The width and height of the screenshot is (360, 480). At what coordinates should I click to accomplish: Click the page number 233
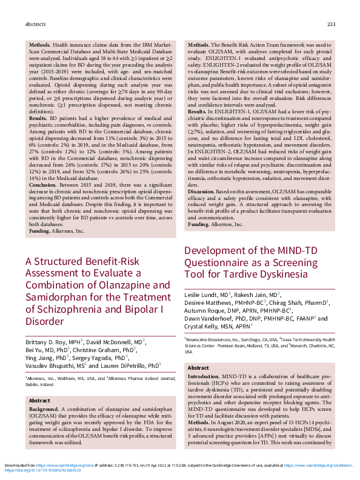331,25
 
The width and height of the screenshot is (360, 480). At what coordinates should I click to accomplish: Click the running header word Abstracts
35,25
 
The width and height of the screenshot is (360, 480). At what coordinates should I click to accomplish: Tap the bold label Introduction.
204,376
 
